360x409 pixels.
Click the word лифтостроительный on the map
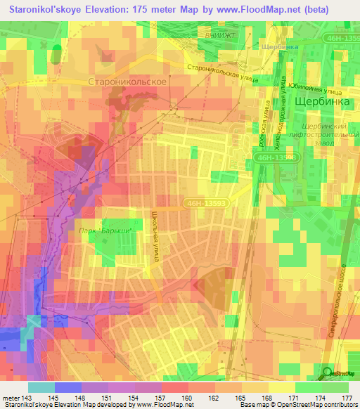pyautogui.click(x=322, y=133)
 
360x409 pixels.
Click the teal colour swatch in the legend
pyautogui.click(x=41, y=387)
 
